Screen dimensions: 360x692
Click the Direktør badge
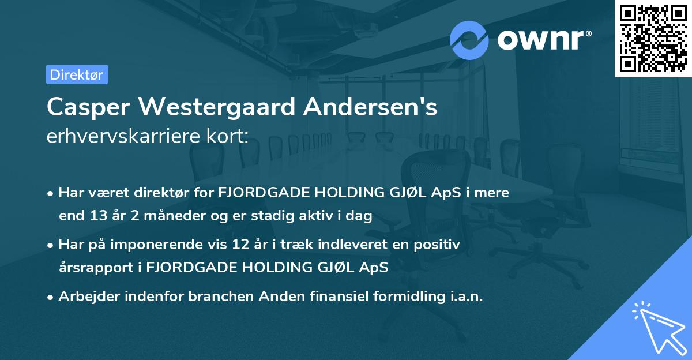(77, 74)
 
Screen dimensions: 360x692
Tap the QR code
(653, 39)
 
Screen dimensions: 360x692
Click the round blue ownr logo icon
(469, 40)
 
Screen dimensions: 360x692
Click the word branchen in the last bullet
(217, 297)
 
